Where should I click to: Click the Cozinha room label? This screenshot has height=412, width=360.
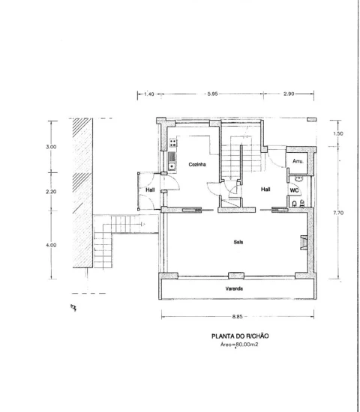[x=197, y=165]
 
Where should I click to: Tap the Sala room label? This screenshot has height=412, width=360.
[x=238, y=242]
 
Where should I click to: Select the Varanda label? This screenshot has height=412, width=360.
[x=234, y=288]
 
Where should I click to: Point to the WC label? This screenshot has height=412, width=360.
[x=294, y=190]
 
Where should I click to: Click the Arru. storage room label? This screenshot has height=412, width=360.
[x=298, y=161]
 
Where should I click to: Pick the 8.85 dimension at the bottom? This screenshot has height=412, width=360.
[x=237, y=317]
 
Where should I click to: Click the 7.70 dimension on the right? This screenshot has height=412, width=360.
[x=338, y=213]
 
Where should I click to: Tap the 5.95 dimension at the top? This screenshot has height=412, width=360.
[x=212, y=94]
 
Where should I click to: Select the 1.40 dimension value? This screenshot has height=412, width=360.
[x=149, y=94]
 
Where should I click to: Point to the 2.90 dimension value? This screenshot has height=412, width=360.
[x=289, y=94]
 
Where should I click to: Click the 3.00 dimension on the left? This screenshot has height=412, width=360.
[x=51, y=147]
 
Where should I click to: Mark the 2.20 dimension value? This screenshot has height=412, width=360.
[x=51, y=192]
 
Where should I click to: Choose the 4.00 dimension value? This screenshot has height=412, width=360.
[x=51, y=245]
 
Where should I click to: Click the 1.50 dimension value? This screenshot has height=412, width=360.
[x=338, y=133]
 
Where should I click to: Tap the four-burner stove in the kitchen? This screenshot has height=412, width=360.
[x=173, y=143]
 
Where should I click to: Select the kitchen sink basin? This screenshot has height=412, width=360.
[x=172, y=166]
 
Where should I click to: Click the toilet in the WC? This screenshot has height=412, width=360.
[x=295, y=203]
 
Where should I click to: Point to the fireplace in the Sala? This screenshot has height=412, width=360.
[x=304, y=242]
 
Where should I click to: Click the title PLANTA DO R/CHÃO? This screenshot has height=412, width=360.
[x=240, y=336]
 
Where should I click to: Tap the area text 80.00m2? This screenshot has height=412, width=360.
[x=247, y=345]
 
